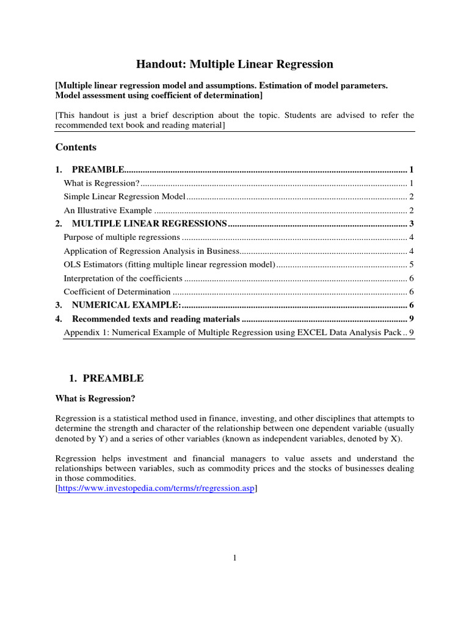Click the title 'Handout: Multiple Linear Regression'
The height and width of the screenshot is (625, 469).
[234, 64]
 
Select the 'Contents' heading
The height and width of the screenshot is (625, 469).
[76, 147]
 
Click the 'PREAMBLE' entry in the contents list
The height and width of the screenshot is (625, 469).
[98, 169]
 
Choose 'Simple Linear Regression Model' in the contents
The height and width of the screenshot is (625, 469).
[125, 197]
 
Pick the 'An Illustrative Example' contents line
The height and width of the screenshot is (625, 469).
[108, 210]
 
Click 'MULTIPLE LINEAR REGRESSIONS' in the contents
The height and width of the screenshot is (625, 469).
[150, 223]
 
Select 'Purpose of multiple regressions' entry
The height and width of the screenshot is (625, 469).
[122, 237]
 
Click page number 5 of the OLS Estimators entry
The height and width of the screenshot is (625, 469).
[412, 264]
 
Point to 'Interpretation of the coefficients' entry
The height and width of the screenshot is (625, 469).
[123, 278]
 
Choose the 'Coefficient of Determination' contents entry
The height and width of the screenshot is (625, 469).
[117, 292]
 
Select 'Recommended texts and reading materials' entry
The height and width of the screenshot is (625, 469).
[156, 319]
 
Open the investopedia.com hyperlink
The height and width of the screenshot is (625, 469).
[156, 489]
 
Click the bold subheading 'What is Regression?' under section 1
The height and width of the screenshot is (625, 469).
[95, 399]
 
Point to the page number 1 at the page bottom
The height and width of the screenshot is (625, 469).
[234, 557]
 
